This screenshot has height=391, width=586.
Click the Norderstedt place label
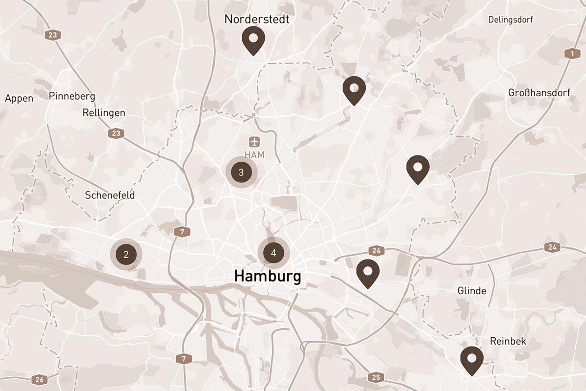click(257, 19)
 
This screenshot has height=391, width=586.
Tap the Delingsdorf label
click(510, 20)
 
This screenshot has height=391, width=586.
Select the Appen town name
click(19, 98)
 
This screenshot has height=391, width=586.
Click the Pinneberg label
click(72, 96)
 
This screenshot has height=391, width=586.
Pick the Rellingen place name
click(104, 112)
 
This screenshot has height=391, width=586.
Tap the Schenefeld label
click(110, 195)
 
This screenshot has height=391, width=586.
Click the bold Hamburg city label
click(268, 276)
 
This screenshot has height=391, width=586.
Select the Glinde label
click(472, 291)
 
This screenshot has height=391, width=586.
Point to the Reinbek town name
click(508, 341)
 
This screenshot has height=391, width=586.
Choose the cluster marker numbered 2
click(126, 254)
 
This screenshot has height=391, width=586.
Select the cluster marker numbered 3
click(241, 172)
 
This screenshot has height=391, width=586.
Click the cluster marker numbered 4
click(273, 253)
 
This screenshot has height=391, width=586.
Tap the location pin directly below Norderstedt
click(253, 39)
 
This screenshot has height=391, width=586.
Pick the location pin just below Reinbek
click(472, 359)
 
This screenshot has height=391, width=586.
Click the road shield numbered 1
click(569, 54)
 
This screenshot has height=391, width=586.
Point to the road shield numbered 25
click(376, 377)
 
